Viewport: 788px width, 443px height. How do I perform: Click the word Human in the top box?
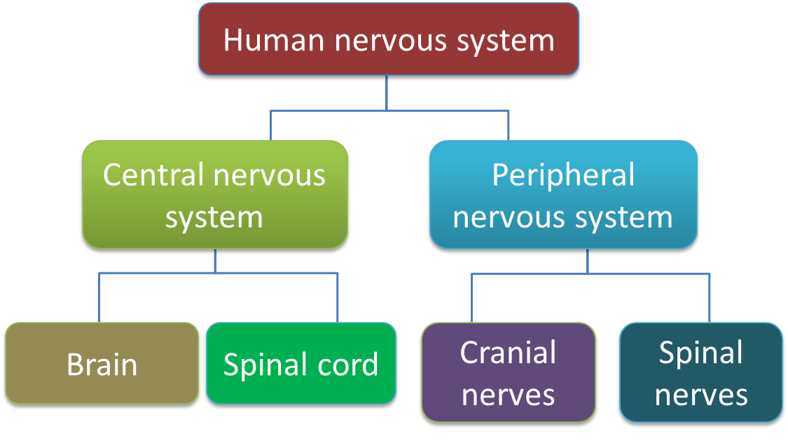pyautogui.click(x=274, y=40)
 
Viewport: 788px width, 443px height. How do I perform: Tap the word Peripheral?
pyautogui.click(x=563, y=175)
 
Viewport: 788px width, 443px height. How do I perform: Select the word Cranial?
pyautogui.click(x=509, y=353)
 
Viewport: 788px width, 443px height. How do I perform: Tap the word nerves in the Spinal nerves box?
pyautogui.click(x=701, y=395)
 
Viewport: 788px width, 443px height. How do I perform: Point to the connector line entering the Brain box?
pyautogui.click(x=99, y=301)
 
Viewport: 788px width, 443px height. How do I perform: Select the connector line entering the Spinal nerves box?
pyautogui.click(x=710, y=301)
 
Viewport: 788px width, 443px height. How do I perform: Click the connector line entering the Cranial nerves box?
pyautogui.click(x=471, y=301)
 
